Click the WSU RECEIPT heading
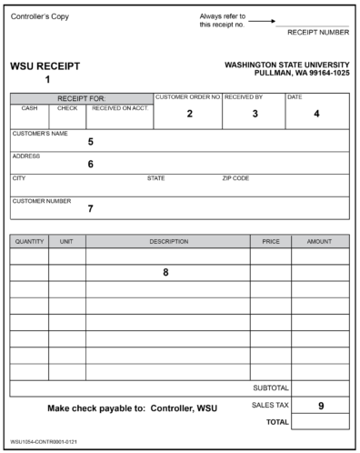[45, 66]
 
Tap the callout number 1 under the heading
[47, 79]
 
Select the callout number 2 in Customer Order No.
[189, 114]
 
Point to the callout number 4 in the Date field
[316, 114]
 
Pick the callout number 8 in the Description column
[165, 272]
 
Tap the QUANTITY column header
[29, 242]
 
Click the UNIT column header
[66, 242]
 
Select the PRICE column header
[270, 242]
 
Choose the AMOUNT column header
[319, 242]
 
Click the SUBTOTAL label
[270, 388]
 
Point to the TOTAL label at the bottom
[275, 423]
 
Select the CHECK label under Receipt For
[67, 107]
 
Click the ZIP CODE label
[235, 178]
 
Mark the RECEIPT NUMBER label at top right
[317, 32]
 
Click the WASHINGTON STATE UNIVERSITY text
[286, 65]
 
